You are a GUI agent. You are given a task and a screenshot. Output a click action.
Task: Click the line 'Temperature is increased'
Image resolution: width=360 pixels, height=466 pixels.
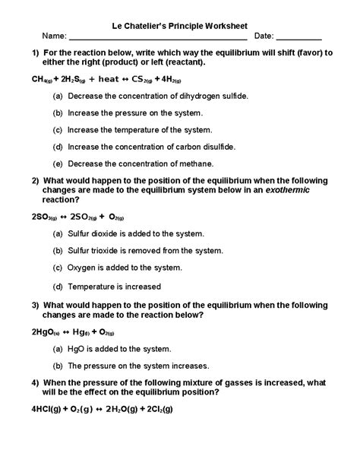pos(115,287)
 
